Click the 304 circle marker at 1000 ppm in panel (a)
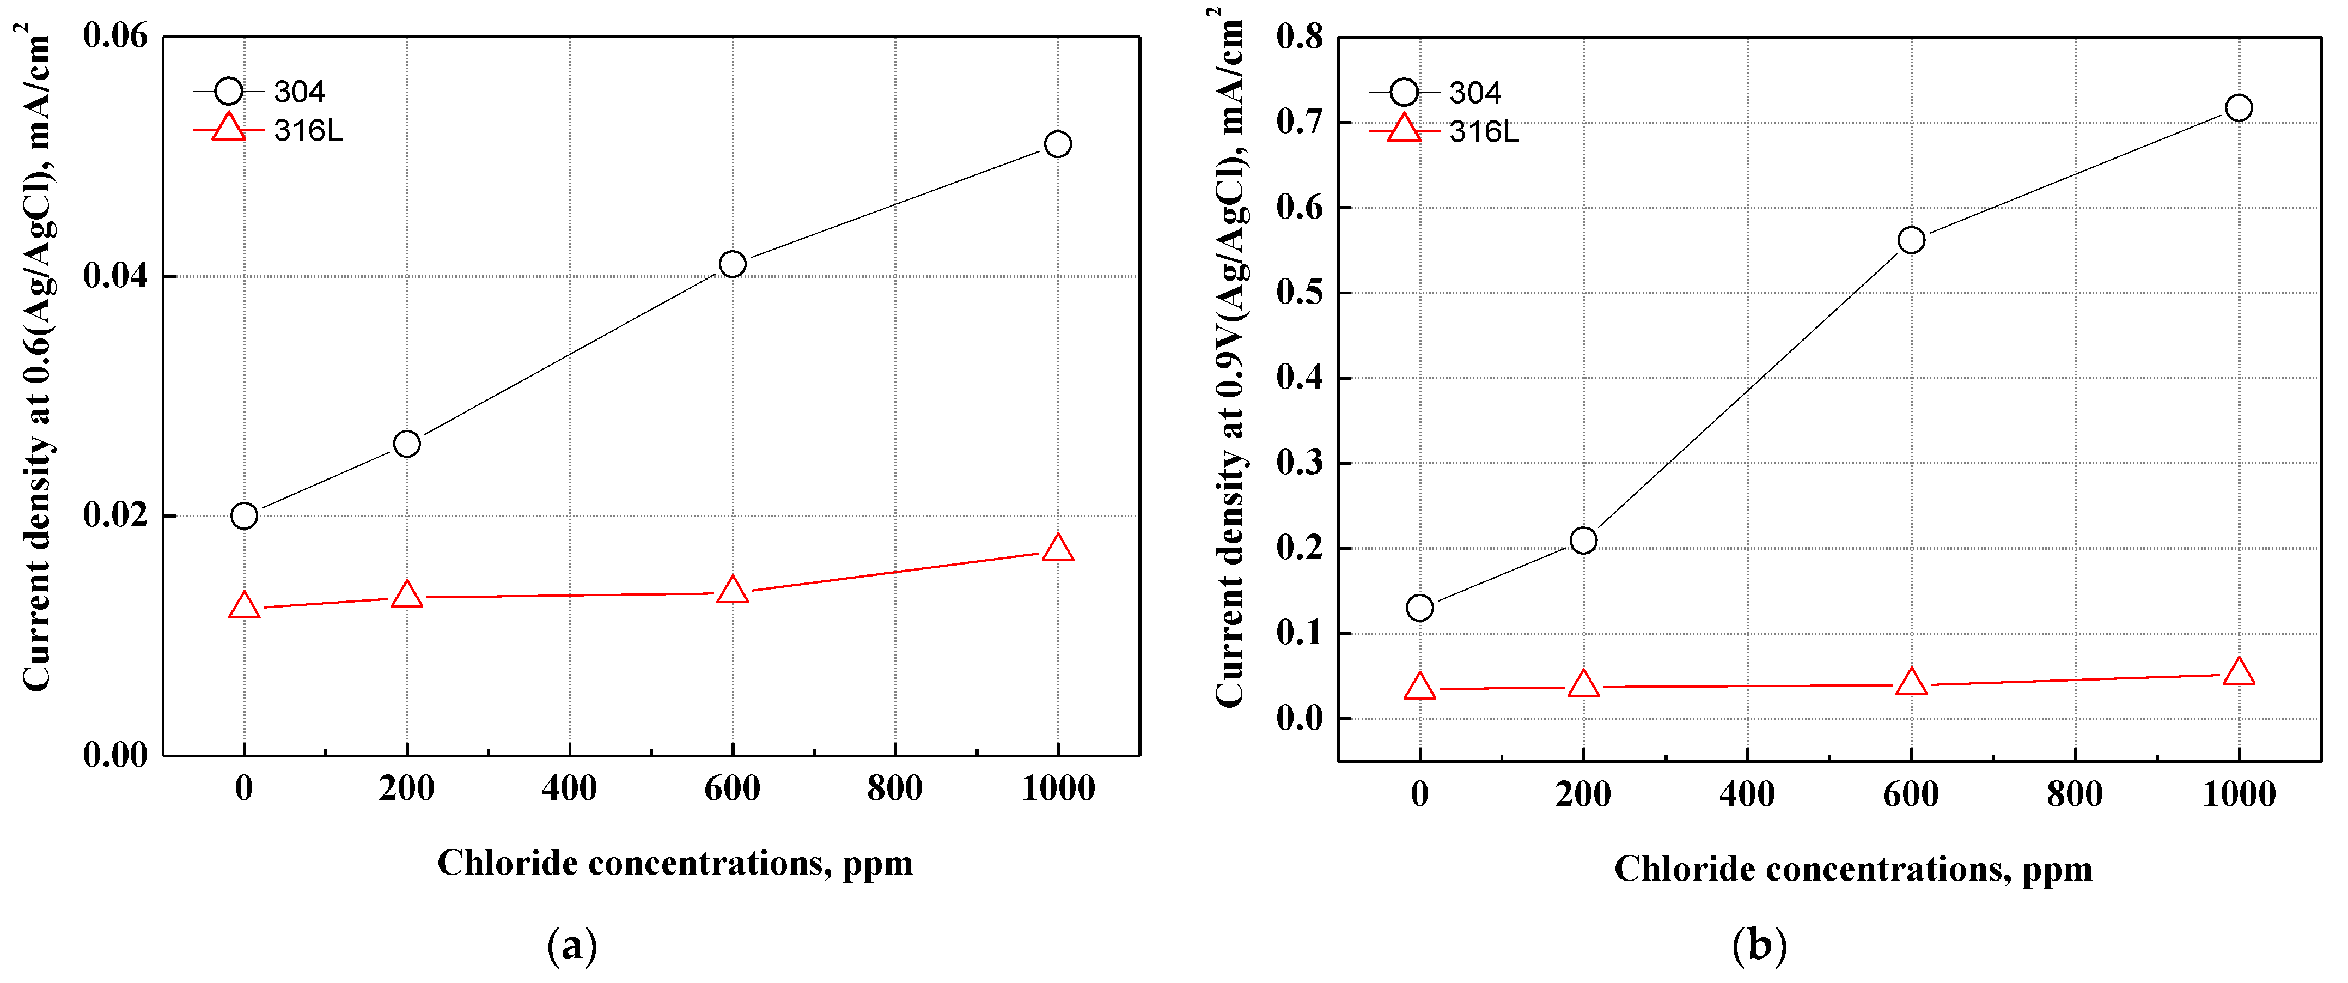1057,144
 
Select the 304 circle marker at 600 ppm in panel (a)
732,264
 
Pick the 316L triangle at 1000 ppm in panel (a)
1057,549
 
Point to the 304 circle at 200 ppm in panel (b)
1583,541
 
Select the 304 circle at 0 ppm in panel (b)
1419,608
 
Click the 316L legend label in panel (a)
308,131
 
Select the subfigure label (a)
572,945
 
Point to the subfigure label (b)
1759,945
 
